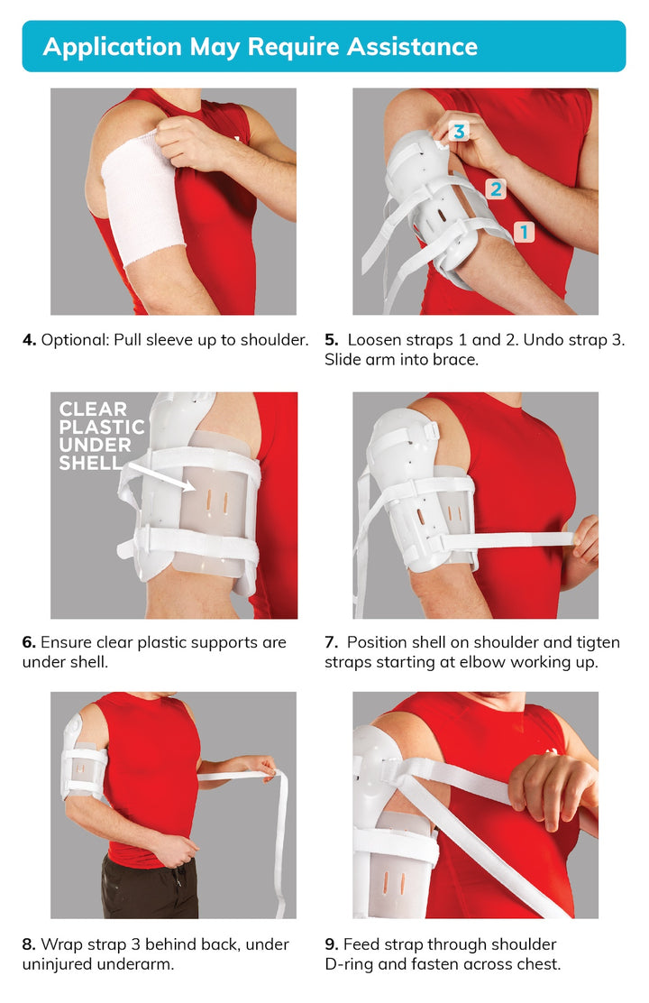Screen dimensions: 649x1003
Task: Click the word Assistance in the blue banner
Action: tap(412, 47)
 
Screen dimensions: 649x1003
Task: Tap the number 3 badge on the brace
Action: tap(459, 132)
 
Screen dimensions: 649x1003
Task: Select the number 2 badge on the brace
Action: tap(496, 189)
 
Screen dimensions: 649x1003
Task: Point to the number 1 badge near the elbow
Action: tap(525, 232)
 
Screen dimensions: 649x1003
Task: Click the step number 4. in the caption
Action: tap(30, 340)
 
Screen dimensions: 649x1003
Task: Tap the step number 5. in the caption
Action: tap(331, 340)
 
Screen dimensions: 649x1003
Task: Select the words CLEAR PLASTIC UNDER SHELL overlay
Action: tap(102, 436)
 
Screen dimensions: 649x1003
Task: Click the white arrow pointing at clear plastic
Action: tap(160, 477)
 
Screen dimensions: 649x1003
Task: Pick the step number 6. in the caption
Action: tap(29, 642)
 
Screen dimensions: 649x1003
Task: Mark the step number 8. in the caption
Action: tap(29, 944)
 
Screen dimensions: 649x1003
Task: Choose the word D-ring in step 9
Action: tap(349, 964)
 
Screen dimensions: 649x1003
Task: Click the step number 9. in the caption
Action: tap(331, 944)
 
